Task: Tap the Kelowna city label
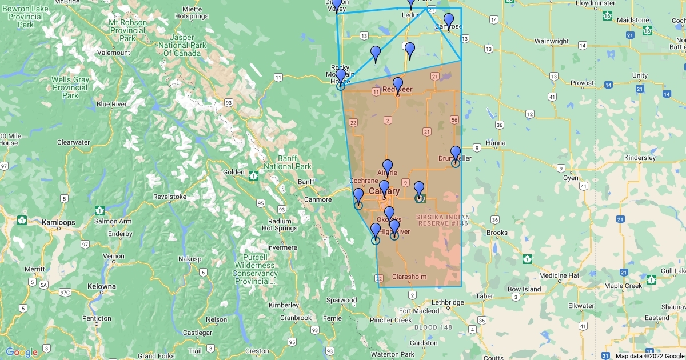pos(102,286)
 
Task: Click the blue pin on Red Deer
pos(398,85)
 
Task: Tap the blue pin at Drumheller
pos(456,153)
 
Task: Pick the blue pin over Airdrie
pos(388,167)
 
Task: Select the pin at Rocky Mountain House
pos(341,76)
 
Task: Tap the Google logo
pos(22,352)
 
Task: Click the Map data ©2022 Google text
pos(649,355)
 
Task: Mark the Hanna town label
pos(496,143)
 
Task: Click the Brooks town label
pos(497,233)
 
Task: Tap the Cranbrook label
pos(297,318)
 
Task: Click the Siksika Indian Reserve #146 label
pos(442,220)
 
